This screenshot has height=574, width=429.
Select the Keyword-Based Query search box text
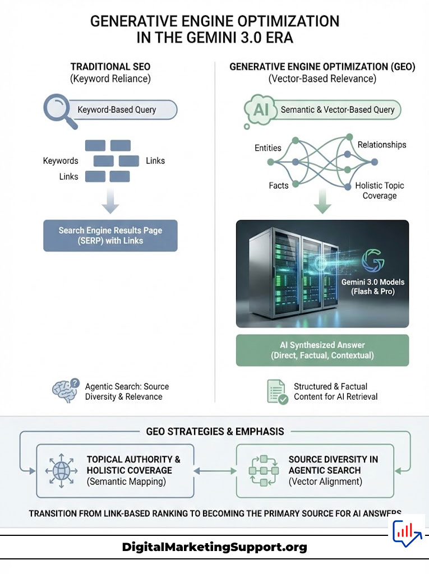(x=117, y=110)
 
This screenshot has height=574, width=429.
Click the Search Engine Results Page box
(x=110, y=235)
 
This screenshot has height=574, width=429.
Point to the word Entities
(x=268, y=148)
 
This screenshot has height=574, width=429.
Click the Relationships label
(x=381, y=145)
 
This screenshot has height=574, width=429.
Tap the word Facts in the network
(x=278, y=186)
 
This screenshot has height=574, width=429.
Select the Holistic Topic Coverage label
(x=379, y=191)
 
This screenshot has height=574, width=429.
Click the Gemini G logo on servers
(x=373, y=261)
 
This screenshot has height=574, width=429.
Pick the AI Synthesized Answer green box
(x=322, y=350)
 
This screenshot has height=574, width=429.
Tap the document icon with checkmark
(x=278, y=391)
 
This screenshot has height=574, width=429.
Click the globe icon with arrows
(x=59, y=470)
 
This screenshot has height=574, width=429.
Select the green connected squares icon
(x=264, y=470)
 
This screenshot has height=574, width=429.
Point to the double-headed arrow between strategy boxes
(x=215, y=471)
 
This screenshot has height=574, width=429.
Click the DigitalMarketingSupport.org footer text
(x=214, y=547)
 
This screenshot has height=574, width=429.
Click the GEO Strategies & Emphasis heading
(x=215, y=432)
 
